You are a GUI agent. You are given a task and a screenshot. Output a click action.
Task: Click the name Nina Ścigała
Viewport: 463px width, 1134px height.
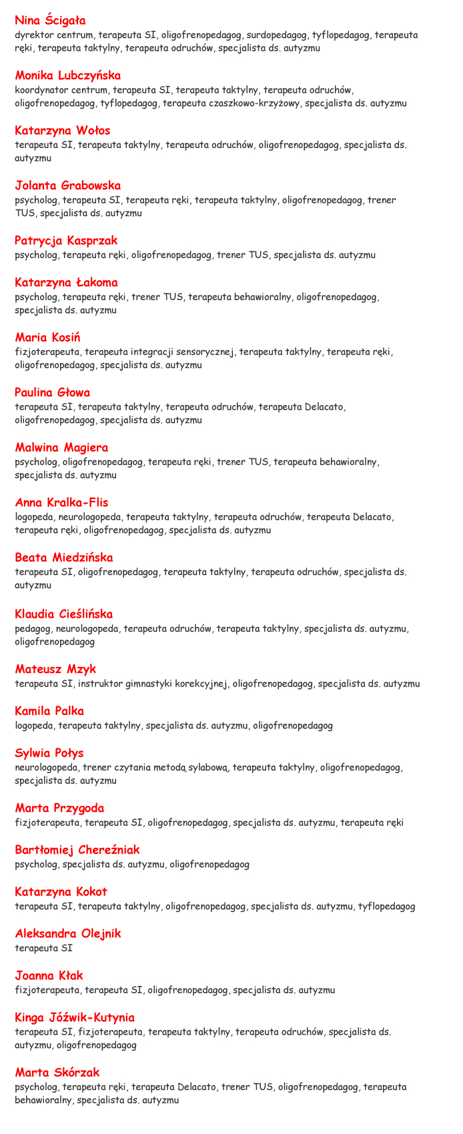point(50,21)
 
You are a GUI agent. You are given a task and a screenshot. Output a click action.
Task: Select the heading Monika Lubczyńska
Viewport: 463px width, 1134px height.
point(67,75)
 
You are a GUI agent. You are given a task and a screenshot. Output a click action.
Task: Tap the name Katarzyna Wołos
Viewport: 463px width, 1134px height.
point(62,131)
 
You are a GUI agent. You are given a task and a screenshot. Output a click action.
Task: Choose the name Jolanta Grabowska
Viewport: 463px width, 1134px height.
point(67,185)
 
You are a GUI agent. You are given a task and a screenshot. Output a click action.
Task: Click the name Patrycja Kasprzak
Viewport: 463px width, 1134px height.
point(66,240)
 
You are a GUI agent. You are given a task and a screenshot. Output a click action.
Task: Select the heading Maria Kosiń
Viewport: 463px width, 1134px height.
point(47,338)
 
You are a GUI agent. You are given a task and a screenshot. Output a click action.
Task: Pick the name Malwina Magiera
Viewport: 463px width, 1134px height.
point(61,448)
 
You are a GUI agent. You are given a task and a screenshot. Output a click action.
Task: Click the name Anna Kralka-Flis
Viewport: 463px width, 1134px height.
point(61,502)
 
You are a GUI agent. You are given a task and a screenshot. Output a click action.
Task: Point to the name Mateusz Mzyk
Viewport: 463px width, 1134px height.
point(55,669)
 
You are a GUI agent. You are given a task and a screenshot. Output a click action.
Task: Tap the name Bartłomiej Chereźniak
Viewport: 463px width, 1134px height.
point(77,850)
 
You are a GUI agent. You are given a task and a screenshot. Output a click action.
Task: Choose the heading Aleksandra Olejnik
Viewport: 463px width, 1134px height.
point(68,933)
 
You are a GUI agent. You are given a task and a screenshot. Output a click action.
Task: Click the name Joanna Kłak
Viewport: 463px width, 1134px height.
point(49,975)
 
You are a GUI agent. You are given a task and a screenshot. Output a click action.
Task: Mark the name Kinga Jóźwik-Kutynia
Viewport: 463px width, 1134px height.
point(75,1017)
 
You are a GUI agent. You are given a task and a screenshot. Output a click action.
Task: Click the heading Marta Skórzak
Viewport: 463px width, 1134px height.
point(57,1073)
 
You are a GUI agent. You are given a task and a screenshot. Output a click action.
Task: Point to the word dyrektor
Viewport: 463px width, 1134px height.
point(34,35)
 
